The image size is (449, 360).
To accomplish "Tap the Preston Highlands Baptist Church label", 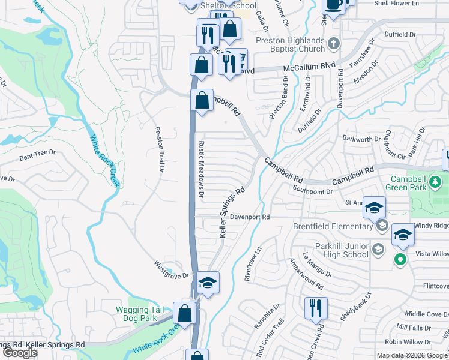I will pos(282,46).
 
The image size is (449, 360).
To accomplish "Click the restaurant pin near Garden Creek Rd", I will pos(314,308).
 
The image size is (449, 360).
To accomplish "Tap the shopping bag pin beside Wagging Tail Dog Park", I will pos(184,313).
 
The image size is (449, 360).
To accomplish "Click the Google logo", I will pos(20,353).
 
